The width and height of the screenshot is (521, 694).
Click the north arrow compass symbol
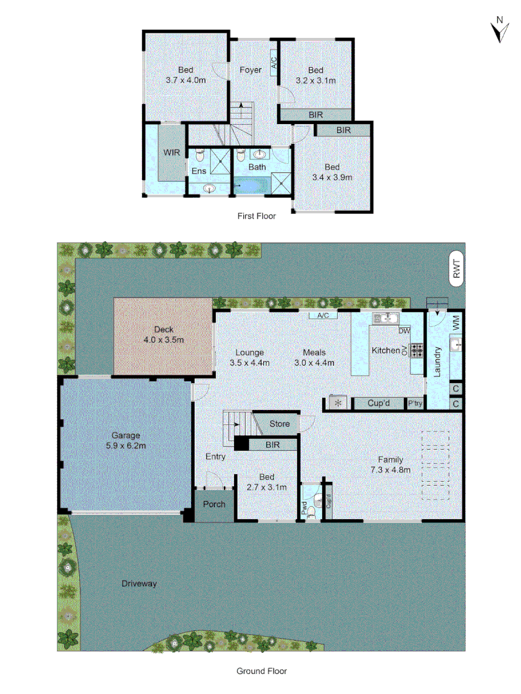[x=498, y=30]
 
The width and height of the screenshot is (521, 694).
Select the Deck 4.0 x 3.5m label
[x=163, y=334]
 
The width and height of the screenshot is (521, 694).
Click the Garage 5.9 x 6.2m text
[x=125, y=440]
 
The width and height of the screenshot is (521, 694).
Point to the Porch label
[x=214, y=504]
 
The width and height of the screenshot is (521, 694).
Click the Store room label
[x=279, y=424]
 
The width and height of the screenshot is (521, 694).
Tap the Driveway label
[x=139, y=583]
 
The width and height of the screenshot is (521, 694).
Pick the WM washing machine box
[x=457, y=323]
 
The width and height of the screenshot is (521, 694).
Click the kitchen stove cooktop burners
[x=417, y=350]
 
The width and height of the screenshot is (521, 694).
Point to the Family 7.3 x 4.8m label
[x=390, y=465]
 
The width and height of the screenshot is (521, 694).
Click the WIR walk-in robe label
[x=171, y=152]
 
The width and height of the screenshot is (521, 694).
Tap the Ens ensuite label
[x=199, y=171]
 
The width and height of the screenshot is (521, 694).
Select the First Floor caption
[x=257, y=216]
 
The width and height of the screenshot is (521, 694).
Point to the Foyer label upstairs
[x=250, y=70]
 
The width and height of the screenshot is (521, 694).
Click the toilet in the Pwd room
[x=312, y=512]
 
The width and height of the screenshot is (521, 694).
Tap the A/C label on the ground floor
[x=323, y=316]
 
